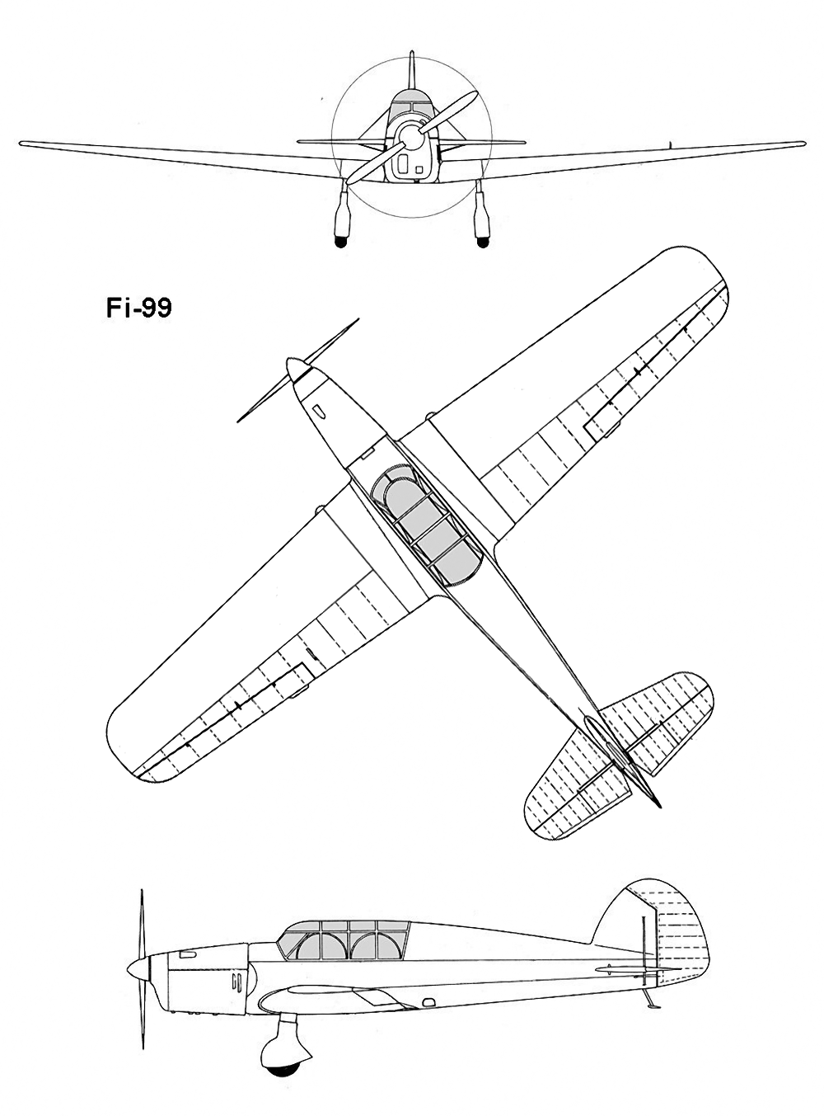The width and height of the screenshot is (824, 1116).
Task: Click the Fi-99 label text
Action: tap(138, 308)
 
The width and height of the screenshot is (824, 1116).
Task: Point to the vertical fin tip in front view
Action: tap(412, 52)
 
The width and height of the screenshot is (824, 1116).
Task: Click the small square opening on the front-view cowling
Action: tap(419, 170)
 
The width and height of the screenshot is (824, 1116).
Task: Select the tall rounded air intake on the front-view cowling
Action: tap(403, 163)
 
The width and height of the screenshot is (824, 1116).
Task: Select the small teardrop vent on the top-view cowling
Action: tap(318, 411)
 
